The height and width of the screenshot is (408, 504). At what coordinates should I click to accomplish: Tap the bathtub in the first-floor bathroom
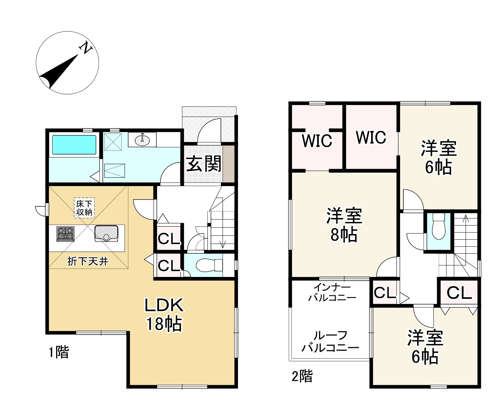(x=74, y=144)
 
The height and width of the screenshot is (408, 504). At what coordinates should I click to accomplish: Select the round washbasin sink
(x=142, y=140)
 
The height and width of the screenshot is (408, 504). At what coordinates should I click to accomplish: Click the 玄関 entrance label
(x=204, y=163)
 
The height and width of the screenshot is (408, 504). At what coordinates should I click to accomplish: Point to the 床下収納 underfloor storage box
(x=84, y=208)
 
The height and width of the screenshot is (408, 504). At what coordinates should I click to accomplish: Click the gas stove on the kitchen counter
(x=65, y=234)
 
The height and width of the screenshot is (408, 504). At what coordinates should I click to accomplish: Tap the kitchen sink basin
(x=106, y=234)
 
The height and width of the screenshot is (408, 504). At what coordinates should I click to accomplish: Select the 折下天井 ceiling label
(x=88, y=261)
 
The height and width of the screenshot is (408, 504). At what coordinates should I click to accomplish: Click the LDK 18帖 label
(x=164, y=315)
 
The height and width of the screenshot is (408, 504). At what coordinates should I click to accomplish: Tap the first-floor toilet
(x=209, y=265)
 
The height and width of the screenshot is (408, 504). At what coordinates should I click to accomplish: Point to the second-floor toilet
(x=438, y=226)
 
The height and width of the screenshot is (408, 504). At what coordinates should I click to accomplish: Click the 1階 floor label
(x=59, y=352)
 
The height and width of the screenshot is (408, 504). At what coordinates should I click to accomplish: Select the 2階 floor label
(x=302, y=376)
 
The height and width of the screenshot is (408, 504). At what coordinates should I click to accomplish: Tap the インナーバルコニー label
(x=332, y=293)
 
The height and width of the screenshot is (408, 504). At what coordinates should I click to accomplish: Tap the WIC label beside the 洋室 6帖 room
(x=371, y=138)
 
